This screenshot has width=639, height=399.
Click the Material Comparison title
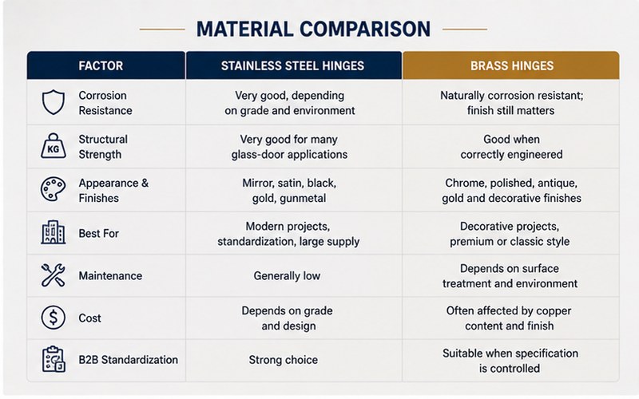click(x=313, y=30)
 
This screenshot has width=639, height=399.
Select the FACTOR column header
click(x=101, y=65)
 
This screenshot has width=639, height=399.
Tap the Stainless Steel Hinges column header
click(x=292, y=65)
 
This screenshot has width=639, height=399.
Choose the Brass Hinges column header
click(x=512, y=65)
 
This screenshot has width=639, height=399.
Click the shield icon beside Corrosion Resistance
click(x=54, y=102)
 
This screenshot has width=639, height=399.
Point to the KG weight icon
click(x=54, y=146)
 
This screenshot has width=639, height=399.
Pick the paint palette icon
click(x=53, y=189)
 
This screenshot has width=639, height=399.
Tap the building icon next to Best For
click(x=54, y=232)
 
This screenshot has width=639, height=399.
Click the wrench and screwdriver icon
click(x=53, y=275)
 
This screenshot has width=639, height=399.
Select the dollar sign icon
click(x=54, y=318)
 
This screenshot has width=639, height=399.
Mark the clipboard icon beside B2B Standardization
click(x=54, y=359)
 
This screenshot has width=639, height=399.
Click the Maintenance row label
click(x=110, y=275)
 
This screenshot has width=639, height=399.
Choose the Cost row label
click(x=89, y=318)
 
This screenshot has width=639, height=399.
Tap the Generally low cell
click(x=287, y=275)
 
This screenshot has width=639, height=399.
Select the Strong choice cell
click(x=284, y=360)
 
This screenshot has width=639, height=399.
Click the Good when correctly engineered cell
click(x=511, y=147)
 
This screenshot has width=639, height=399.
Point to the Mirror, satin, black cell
click(x=289, y=191)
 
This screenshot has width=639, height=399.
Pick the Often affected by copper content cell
click(x=509, y=318)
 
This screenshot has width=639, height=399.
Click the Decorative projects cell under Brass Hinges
click(x=510, y=234)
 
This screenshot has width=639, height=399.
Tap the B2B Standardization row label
click(x=129, y=360)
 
